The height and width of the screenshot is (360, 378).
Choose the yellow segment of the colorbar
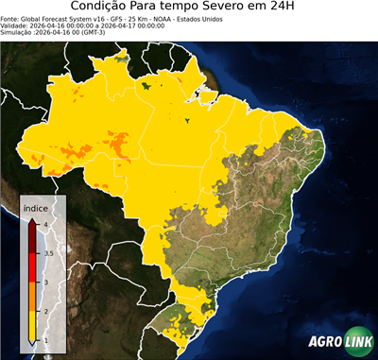[x=34, y=325]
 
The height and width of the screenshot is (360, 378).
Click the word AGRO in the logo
[x=325, y=342]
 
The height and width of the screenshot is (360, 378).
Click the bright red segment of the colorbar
[x=34, y=267]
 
